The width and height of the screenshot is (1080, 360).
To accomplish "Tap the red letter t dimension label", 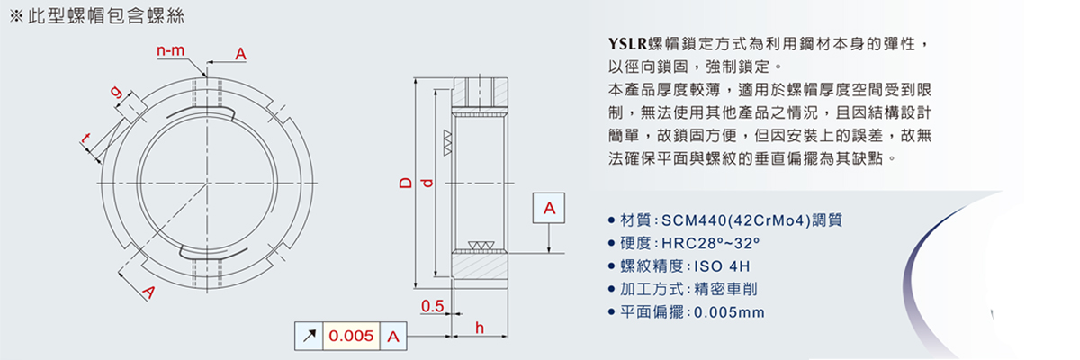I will (86, 139).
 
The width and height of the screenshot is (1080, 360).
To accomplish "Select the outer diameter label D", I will (405, 184).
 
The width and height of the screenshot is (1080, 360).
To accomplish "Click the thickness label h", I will (480, 328).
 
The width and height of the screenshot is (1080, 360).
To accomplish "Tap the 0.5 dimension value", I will (433, 308).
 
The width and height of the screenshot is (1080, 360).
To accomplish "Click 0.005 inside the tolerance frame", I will (351, 337).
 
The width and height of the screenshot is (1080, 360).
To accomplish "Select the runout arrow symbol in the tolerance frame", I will (309, 337).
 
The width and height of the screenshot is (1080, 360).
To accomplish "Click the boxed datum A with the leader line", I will (550, 209).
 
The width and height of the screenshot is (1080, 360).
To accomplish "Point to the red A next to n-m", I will (240, 55).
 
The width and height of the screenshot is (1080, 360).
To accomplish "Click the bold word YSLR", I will (628, 43).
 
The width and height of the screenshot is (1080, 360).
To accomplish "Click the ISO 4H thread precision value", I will (720, 266).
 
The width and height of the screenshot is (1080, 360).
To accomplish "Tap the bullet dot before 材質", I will (613, 220).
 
